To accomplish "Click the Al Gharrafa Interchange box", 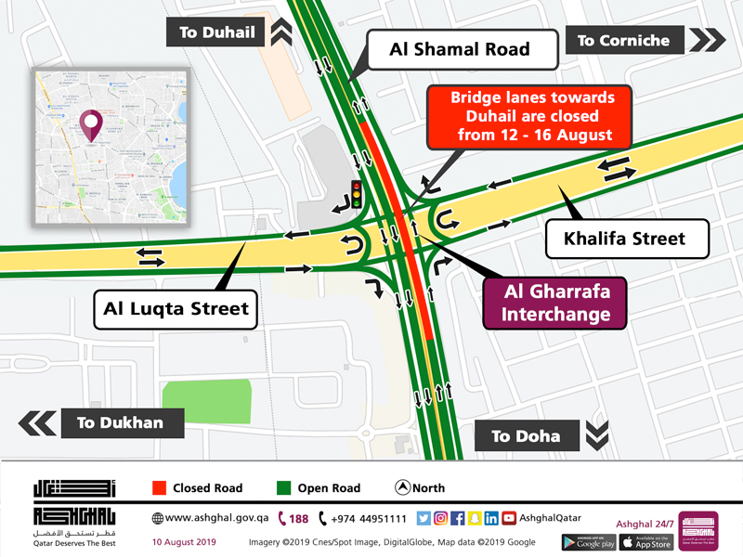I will pos(556,303).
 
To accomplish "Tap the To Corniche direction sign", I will pos(624,40).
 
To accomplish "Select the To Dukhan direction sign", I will pos(121,423).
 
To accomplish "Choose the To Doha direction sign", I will pos(526,435).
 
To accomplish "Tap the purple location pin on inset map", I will pos(90,124).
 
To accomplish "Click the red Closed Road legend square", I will pos(158,487).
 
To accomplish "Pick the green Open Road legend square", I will pos(282,487).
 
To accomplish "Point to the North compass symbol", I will pos(403,487).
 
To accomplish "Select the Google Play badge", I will pos(587,542).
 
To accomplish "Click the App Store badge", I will pos(645,542).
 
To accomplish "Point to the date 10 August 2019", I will pos(185,542).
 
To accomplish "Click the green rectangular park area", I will pos(207,405).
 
